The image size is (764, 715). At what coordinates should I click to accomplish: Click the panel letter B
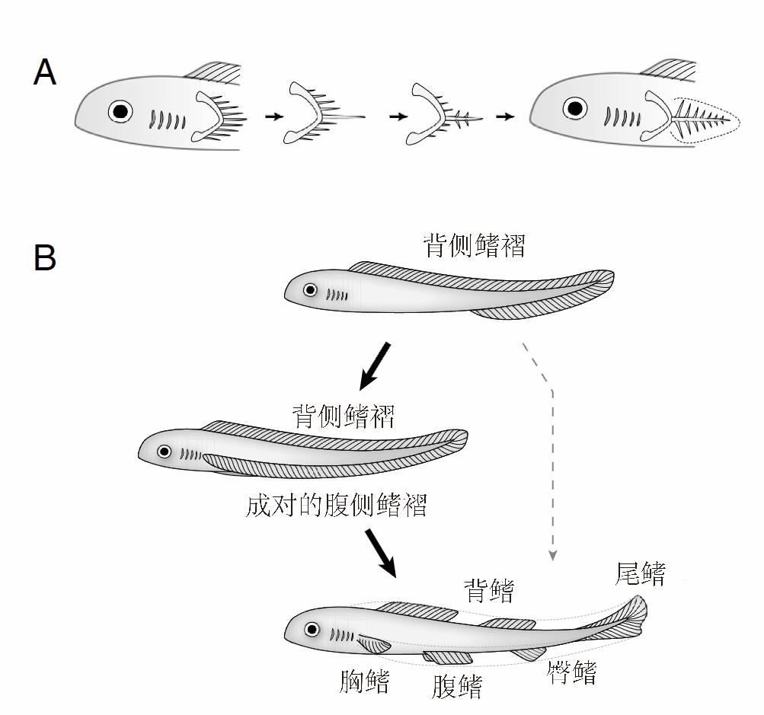45,258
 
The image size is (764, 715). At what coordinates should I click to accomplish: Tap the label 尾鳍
640,574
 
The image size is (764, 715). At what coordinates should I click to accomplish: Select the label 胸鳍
364,681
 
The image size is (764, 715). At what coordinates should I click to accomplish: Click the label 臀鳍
571,672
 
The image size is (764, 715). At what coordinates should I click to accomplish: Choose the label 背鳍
489,590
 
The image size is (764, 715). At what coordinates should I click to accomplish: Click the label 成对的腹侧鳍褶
336,505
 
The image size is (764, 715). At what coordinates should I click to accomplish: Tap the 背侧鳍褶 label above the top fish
474,246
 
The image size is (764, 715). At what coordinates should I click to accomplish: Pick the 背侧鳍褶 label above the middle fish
344,416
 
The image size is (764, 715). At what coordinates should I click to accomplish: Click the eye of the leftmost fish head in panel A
120,111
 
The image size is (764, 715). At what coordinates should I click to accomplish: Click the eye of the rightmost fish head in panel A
574,109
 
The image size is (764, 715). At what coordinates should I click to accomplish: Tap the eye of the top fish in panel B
310,289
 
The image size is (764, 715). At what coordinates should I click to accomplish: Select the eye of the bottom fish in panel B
311,629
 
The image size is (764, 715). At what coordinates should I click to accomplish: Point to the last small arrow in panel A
504,117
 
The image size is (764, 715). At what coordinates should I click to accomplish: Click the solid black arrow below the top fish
375,365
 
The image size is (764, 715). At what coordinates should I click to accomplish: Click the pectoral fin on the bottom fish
373,643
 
